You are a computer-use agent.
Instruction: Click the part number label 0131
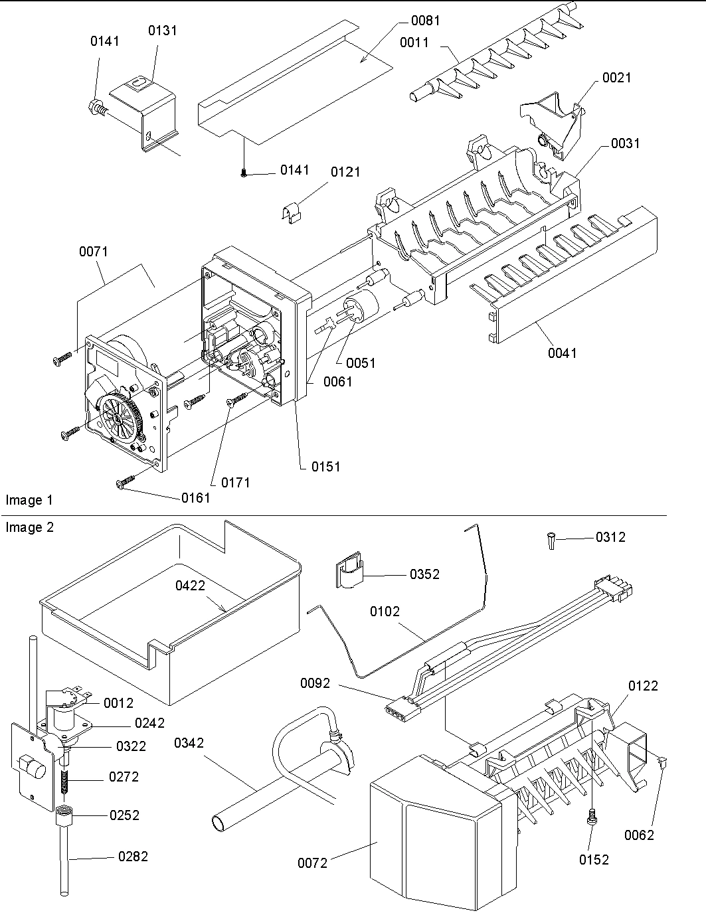[162, 31]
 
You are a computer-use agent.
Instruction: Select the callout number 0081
[425, 21]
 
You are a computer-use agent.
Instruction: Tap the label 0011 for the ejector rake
[414, 42]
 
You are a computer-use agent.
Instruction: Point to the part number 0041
[562, 353]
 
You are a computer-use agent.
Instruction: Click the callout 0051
[360, 363]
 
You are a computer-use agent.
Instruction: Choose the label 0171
[235, 483]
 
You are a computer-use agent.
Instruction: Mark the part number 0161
[195, 497]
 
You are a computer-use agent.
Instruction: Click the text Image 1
[29, 500]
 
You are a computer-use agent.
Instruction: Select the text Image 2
[30, 527]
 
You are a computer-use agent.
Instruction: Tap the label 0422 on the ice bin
[190, 585]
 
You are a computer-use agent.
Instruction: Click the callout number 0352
[424, 574]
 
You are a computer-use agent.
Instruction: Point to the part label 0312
[610, 537]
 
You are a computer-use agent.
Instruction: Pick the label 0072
[312, 863]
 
